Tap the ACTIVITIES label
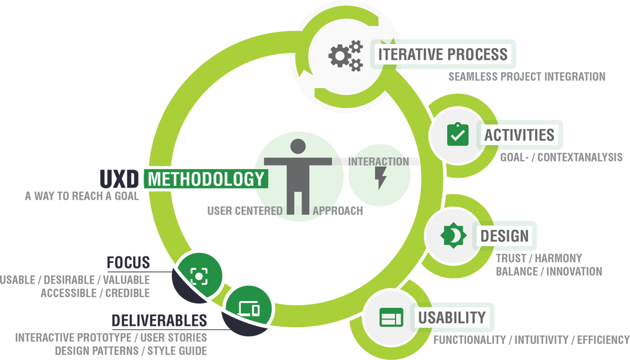[x=519, y=135]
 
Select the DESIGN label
[x=504, y=236]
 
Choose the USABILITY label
[x=451, y=317]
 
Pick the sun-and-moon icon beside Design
[x=453, y=236]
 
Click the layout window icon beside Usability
[x=391, y=318]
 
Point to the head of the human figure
[x=298, y=146]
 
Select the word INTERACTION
[x=380, y=161]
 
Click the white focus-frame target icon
[x=199, y=277]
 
